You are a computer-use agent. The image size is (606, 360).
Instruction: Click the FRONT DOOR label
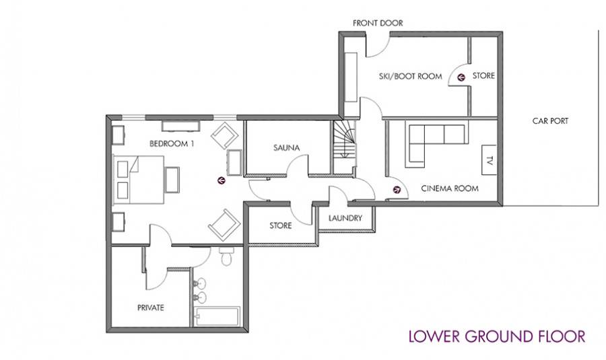tap(378, 23)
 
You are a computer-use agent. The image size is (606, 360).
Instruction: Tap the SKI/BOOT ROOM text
tap(411, 77)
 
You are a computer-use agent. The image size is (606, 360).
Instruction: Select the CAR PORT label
tap(550, 121)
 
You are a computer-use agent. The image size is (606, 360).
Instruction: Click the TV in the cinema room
tap(489, 160)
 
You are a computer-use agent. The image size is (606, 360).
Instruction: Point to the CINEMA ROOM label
tap(450, 188)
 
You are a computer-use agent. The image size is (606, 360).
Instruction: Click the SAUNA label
tap(286, 147)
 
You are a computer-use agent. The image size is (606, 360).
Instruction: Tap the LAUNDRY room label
tap(345, 218)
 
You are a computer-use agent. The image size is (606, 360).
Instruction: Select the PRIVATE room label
tap(151, 308)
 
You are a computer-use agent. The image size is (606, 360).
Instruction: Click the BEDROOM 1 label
tap(172, 144)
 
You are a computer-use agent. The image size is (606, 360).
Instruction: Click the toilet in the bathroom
tap(226, 256)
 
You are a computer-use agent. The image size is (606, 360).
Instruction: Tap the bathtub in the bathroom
tap(217, 317)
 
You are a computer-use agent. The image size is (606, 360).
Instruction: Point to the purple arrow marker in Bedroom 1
tap(222, 180)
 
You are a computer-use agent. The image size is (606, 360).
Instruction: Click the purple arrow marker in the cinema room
tap(397, 190)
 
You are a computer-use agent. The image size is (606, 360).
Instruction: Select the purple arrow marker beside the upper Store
tap(461, 77)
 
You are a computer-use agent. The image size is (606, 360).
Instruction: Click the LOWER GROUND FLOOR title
tap(497, 336)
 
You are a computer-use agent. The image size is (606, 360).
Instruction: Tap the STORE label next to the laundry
tap(281, 225)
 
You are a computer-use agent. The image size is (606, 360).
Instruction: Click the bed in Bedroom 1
tap(138, 180)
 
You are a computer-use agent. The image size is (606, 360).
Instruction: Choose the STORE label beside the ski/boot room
tap(483, 76)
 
